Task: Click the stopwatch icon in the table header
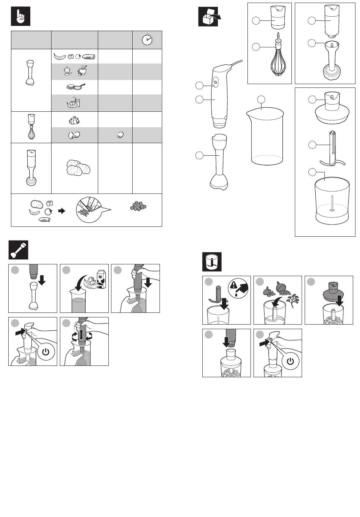(147, 40)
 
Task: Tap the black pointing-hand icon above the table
(20, 17)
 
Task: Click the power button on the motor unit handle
(215, 82)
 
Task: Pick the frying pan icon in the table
(75, 87)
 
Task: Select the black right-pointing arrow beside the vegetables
(61, 211)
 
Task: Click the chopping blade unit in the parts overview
(332, 149)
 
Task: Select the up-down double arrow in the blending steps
(81, 335)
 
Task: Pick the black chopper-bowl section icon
(212, 262)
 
